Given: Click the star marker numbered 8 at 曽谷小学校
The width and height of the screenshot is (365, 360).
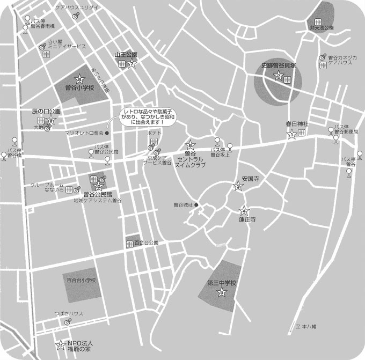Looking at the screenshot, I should pyautogui.click(x=80, y=79).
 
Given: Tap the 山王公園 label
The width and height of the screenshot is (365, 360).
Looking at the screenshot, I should pyautogui.click(x=126, y=55).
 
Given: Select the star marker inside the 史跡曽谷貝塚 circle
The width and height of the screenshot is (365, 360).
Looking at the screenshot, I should pyautogui.click(x=279, y=76).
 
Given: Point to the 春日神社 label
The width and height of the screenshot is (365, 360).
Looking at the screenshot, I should pyautogui.click(x=298, y=124).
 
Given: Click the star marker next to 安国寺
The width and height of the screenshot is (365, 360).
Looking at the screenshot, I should pyautogui.click(x=238, y=186).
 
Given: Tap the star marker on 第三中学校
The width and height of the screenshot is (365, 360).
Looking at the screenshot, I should pyautogui.click(x=221, y=292).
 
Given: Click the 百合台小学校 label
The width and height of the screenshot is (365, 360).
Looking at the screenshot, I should pyautogui.click(x=81, y=280).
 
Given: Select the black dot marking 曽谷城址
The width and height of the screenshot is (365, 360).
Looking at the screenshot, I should pyautogui.click(x=196, y=204).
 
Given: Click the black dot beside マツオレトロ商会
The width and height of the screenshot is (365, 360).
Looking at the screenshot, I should pyautogui.click(x=107, y=133).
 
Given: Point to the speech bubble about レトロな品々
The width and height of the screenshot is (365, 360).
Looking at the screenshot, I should pyautogui.click(x=147, y=116).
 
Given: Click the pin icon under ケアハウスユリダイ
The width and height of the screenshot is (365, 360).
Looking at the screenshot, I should pyautogui.click(x=76, y=16).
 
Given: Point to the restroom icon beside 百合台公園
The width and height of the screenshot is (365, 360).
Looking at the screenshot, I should pyautogui.click(x=129, y=244).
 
